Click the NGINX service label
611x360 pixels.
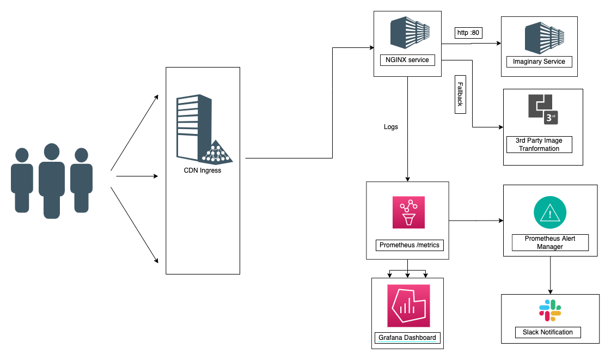[x=407, y=60]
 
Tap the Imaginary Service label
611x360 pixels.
[x=539, y=62]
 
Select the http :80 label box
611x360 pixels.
[x=468, y=33]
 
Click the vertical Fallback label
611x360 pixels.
[x=460, y=95]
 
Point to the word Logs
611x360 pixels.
[x=391, y=127]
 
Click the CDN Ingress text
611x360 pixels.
[x=203, y=170]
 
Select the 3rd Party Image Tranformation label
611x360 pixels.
[x=539, y=144]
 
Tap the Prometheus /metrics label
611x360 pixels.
[x=410, y=245]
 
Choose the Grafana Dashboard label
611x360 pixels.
[x=407, y=338]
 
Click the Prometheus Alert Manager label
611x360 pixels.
[x=550, y=242]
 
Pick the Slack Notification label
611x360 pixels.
[x=548, y=332]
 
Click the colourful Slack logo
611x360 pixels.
[x=550, y=310]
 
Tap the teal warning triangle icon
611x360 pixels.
[x=550, y=212]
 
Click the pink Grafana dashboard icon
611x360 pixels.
[x=408, y=306]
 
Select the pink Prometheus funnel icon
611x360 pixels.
[x=408, y=212]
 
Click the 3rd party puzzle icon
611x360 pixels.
[x=543, y=109]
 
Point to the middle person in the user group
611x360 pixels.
[x=52, y=180]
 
